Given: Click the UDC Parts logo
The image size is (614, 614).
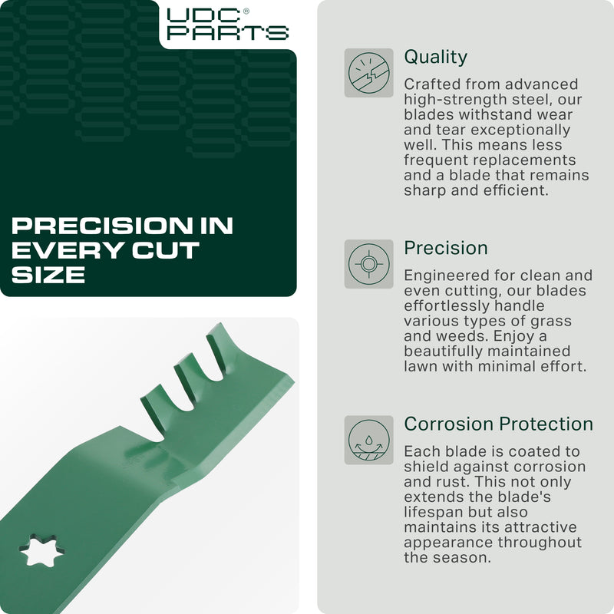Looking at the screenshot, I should click(226, 24).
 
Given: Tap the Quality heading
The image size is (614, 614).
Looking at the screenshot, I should click(435, 57).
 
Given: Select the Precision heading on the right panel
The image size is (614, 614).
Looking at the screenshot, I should click(445, 248).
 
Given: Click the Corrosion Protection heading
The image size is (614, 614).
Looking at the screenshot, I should click(498, 424).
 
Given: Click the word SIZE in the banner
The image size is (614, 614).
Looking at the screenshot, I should click(48, 275).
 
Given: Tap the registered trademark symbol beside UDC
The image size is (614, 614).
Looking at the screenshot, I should click(246, 12).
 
